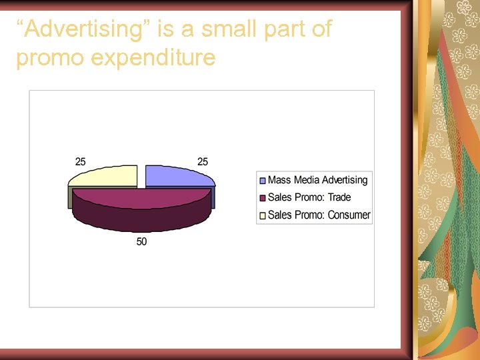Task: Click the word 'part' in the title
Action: (x=271, y=30)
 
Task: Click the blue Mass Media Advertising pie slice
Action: (x=177, y=177)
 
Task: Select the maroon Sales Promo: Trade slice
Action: (x=142, y=203)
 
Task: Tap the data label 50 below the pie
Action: (x=142, y=241)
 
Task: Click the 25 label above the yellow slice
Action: (x=81, y=162)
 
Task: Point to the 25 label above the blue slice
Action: (x=202, y=162)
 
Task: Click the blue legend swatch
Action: (x=263, y=181)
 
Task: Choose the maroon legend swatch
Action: (x=263, y=198)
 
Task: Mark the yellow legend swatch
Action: (x=263, y=215)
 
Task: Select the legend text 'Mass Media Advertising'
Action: (x=317, y=180)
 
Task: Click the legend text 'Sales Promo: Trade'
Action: (x=309, y=197)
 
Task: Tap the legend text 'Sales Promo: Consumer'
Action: (x=319, y=215)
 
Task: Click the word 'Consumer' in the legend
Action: (x=349, y=215)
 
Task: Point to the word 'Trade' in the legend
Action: (x=339, y=197)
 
